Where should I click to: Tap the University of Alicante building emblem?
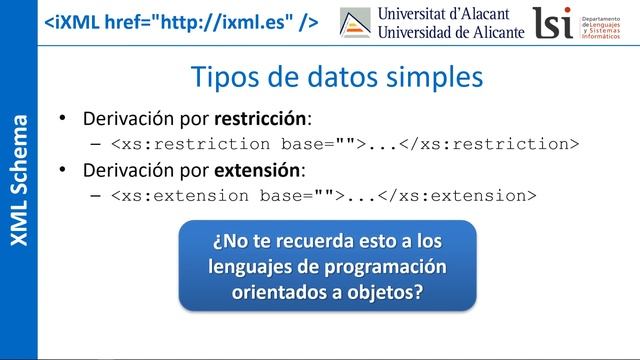355,24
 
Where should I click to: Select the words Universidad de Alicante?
451,33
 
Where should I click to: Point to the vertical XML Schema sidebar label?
19,180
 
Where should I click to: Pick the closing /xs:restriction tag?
491,143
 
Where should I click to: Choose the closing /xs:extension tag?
461,194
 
